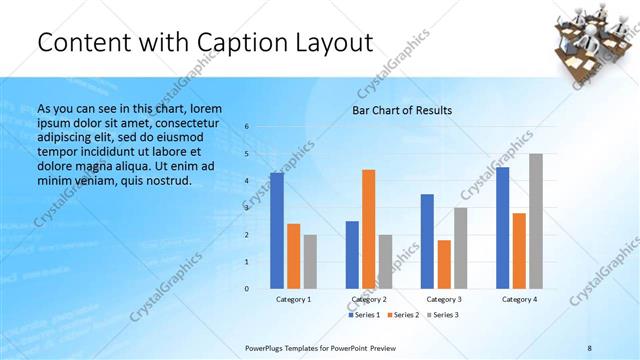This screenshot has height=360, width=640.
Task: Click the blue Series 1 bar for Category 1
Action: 277,230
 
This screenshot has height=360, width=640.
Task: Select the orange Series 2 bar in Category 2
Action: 369,229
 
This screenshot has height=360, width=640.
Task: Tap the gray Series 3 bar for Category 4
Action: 536,221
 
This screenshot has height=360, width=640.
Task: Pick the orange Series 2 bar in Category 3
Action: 444,264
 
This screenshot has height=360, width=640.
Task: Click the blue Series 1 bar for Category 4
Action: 503,227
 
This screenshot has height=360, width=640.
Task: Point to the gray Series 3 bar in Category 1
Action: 310,261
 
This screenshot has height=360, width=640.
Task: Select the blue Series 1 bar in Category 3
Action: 427,241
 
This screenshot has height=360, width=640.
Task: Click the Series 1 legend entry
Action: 364,315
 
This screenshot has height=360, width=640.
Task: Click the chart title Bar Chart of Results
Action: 402,110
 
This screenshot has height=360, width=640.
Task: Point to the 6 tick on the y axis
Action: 247,127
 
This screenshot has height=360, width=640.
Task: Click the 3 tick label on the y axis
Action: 247,208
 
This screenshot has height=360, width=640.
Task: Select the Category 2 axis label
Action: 369,299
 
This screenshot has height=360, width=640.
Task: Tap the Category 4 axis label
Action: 520,299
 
